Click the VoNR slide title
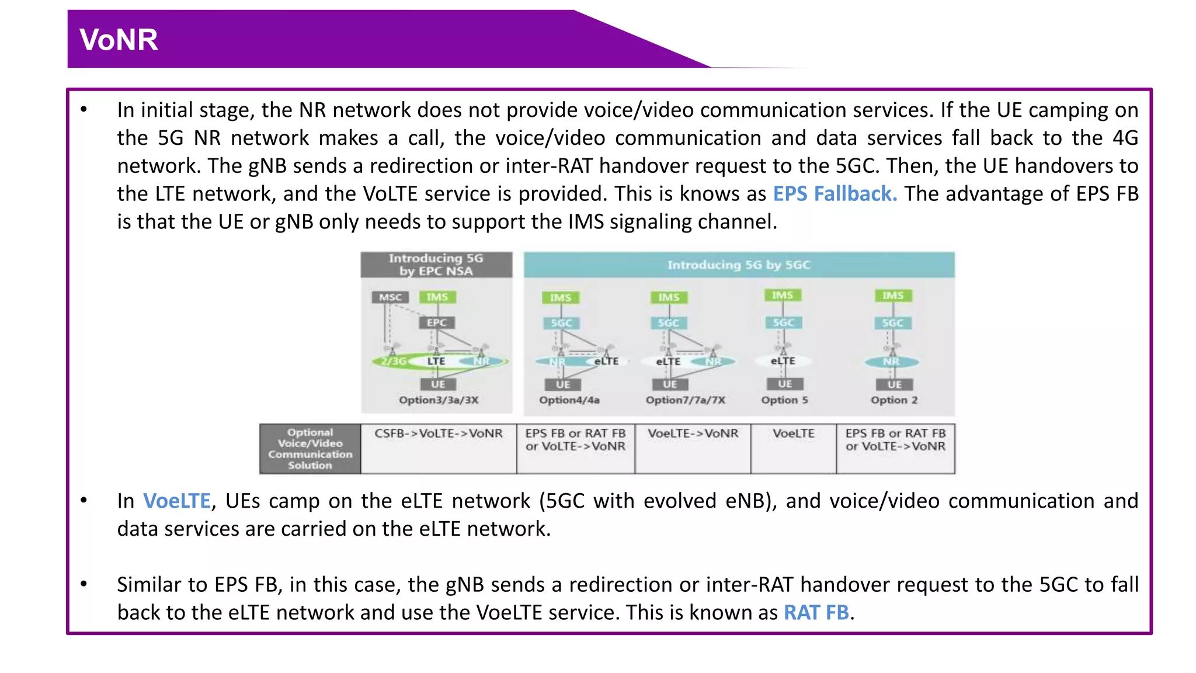pyautogui.click(x=119, y=40)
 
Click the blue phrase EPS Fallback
pyautogui.click(x=835, y=193)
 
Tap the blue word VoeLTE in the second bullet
pyautogui.click(x=176, y=501)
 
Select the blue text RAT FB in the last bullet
pyautogui.click(x=816, y=612)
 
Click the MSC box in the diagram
pyautogui.click(x=390, y=297)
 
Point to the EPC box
pyautogui.click(x=436, y=322)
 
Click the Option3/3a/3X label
pyautogui.click(x=439, y=400)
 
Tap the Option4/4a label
pyautogui.click(x=569, y=400)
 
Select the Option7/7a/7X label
pyautogui.click(x=685, y=400)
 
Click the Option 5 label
pyautogui.click(x=784, y=400)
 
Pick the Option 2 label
pyautogui.click(x=894, y=400)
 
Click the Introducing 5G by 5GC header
pyautogui.click(x=739, y=265)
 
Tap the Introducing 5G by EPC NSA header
pyautogui.click(x=436, y=265)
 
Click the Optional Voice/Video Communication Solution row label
pyautogui.click(x=310, y=449)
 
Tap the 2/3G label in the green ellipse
pyautogui.click(x=393, y=362)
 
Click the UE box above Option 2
pyautogui.click(x=894, y=384)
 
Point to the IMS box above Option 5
pyautogui.click(x=783, y=295)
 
